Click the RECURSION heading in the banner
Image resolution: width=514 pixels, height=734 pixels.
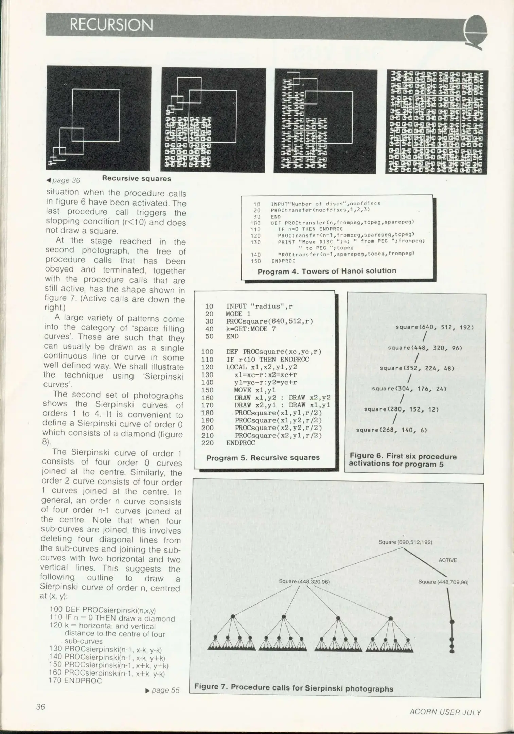[x=111, y=25]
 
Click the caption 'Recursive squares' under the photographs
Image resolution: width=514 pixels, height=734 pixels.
[x=137, y=179]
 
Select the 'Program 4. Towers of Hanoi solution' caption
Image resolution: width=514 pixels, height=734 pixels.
[x=326, y=271]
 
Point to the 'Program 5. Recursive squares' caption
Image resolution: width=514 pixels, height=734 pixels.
[x=263, y=458]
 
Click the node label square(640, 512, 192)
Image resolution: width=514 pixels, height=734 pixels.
[x=435, y=327]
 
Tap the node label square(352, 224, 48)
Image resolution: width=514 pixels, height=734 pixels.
[x=417, y=368]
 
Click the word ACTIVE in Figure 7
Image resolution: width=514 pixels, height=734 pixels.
[x=447, y=560]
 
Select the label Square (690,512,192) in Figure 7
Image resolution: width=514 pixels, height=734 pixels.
[x=405, y=542]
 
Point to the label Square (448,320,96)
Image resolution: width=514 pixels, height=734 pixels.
[x=304, y=582]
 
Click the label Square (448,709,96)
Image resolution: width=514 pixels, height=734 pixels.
[x=443, y=582]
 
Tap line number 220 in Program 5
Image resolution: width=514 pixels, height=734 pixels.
[x=208, y=443]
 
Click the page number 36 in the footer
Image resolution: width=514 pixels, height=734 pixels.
[x=40, y=707]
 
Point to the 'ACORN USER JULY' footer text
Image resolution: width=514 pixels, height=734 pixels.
[x=445, y=712]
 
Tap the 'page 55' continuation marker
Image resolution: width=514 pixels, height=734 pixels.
[x=163, y=690]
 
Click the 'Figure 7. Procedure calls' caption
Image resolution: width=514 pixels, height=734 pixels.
[x=294, y=688]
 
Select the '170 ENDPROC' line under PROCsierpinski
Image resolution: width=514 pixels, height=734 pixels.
[x=75, y=681]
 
